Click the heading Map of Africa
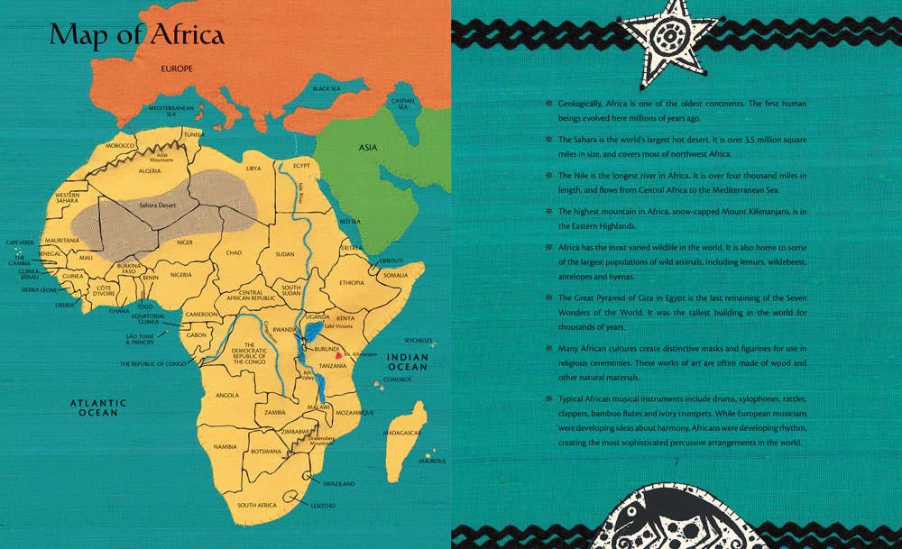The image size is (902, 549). tap(137, 34)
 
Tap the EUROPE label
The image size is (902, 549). tap(179, 69)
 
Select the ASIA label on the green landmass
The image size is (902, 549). tap(368, 147)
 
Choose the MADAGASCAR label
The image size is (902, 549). tap(401, 433)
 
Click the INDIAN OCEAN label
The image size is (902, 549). tap(407, 362)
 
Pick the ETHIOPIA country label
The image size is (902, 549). tap(351, 283)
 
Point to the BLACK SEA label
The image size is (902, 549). tap(326, 88)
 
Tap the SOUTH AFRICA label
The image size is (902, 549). tap(257, 506)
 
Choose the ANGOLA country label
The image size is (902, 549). tap(228, 395)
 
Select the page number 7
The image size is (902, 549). tap(676, 463)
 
